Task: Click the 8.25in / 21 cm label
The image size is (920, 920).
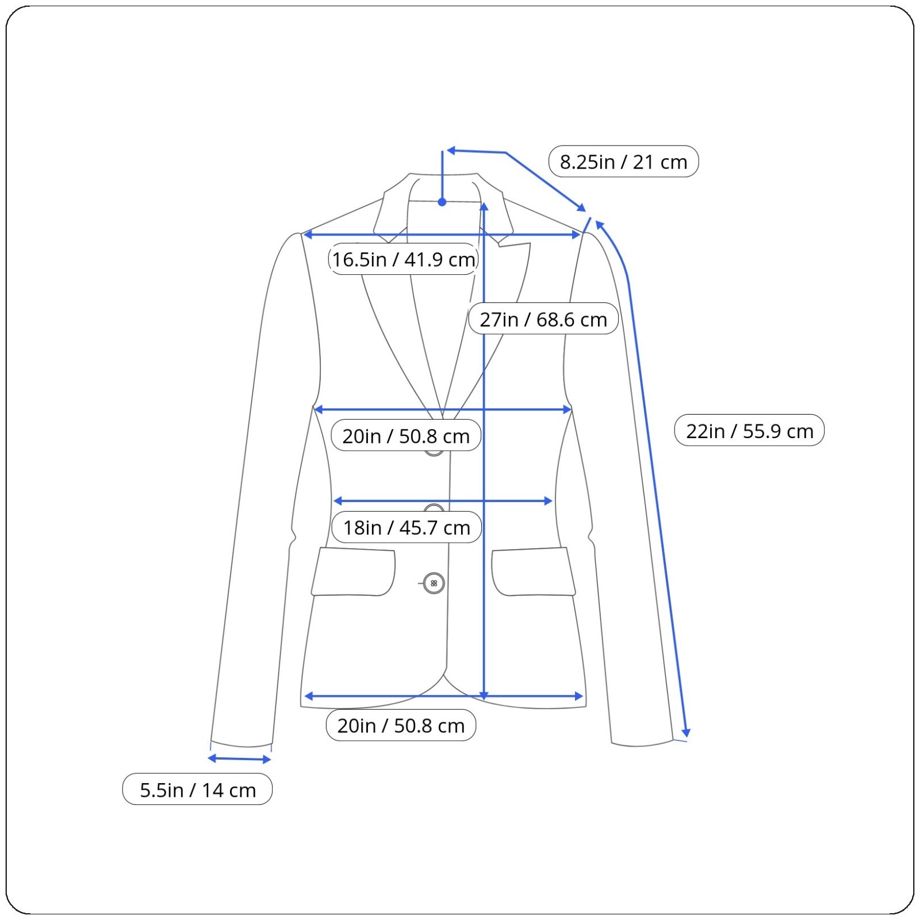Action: pyautogui.click(x=623, y=162)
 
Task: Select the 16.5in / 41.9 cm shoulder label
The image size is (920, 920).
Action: pyautogui.click(x=404, y=259)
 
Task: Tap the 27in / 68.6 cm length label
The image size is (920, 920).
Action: pyautogui.click(x=543, y=319)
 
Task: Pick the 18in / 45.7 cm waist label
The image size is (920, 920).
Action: pyautogui.click(x=407, y=527)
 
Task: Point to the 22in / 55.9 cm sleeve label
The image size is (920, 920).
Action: pyautogui.click(x=749, y=431)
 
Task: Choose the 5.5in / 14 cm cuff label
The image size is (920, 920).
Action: pyautogui.click(x=197, y=789)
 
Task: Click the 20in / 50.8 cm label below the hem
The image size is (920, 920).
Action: pyautogui.click(x=401, y=725)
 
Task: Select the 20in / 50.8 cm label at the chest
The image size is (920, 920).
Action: pyautogui.click(x=406, y=436)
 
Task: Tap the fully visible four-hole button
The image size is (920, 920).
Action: pyautogui.click(x=434, y=583)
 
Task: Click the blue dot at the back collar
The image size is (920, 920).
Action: pyautogui.click(x=442, y=202)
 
